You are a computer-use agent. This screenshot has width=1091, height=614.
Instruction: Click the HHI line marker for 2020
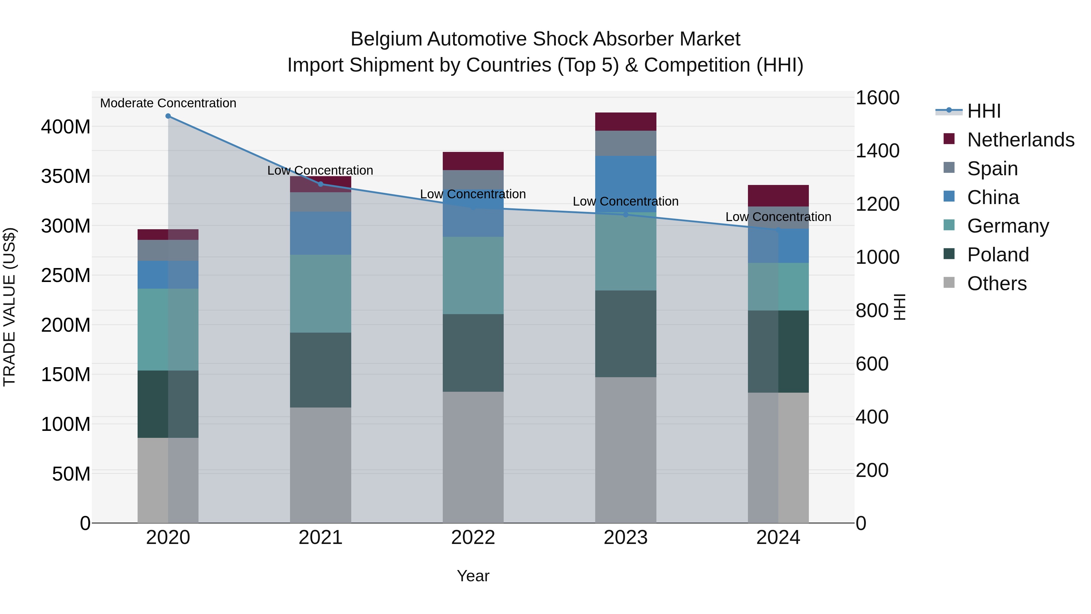(x=168, y=116)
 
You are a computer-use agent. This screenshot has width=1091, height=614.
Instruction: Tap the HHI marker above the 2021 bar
(x=321, y=184)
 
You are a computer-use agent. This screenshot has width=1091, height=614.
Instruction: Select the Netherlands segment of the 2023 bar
(x=626, y=122)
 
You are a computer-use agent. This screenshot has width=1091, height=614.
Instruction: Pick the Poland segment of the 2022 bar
(x=473, y=353)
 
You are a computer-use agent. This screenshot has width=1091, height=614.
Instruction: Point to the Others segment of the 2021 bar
(x=321, y=465)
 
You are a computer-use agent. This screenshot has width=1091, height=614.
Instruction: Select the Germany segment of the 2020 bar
(x=168, y=329)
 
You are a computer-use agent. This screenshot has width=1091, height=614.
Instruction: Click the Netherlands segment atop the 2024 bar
(x=778, y=196)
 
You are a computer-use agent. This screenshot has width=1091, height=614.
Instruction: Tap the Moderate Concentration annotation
(x=168, y=103)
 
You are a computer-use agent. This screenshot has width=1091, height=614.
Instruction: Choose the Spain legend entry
(x=992, y=169)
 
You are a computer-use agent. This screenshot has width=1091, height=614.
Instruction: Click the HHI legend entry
(x=984, y=111)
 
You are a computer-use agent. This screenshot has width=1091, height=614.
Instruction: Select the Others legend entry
(x=996, y=284)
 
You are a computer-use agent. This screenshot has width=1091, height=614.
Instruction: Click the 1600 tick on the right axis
(x=877, y=98)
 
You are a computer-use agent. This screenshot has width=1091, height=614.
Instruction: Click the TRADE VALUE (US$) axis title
(x=9, y=307)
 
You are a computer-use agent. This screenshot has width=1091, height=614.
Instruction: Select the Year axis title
(x=473, y=576)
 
